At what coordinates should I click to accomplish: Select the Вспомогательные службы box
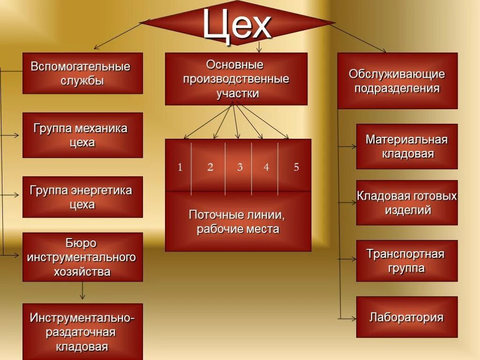tap(82, 73)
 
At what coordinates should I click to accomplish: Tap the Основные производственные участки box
tap(236, 79)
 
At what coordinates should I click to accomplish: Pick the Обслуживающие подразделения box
tap(397, 81)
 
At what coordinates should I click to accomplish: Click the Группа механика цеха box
tap(82, 135)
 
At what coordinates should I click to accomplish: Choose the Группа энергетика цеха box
tap(82, 197)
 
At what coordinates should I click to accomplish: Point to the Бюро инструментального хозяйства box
tap(82, 257)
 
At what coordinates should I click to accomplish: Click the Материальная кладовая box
tap(407, 146)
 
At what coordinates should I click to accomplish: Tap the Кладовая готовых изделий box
tap(407, 202)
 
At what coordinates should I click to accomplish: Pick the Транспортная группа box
tap(407, 261)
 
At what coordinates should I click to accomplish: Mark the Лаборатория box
tap(407, 317)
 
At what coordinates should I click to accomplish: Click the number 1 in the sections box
tap(180, 167)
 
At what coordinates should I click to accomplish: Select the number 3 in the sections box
tap(240, 167)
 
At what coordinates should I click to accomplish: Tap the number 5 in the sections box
tap(296, 167)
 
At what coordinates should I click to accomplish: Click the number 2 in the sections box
tap(210, 167)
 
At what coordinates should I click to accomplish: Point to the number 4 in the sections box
tap(266, 167)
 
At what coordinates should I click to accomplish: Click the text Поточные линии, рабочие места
tap(238, 222)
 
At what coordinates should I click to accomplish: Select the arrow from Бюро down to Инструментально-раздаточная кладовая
tap(82, 292)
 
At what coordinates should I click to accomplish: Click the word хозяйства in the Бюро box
tap(82, 272)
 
